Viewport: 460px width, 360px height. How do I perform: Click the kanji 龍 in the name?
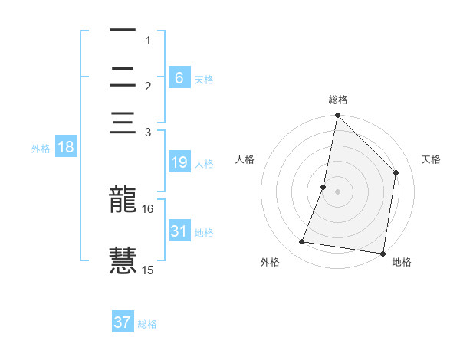[123, 201]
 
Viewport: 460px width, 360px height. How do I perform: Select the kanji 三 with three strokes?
[123, 124]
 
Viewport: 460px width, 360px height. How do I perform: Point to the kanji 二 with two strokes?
[123, 77]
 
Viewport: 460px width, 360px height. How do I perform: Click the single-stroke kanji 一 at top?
[123, 31]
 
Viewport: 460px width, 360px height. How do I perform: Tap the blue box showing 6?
[179, 77]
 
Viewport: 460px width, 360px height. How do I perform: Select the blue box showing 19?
[179, 162]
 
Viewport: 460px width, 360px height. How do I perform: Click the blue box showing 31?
[179, 231]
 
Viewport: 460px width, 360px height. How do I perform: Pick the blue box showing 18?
[66, 147]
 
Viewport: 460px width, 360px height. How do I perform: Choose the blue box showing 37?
[123, 322]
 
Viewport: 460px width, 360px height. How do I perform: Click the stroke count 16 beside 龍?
[148, 208]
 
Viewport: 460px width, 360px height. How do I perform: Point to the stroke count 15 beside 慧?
[148, 270]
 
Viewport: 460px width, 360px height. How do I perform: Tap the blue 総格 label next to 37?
[147, 324]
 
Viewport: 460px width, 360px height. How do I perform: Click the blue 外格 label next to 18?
[41, 149]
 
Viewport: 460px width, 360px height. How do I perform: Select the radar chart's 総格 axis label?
[338, 100]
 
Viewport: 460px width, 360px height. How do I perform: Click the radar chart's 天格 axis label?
[431, 159]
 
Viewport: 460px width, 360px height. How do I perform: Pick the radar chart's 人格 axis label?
[245, 159]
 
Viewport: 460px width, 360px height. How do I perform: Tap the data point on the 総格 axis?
[337, 116]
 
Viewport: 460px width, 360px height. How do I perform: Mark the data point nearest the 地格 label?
[383, 253]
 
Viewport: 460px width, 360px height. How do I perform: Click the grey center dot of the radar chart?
[337, 191]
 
